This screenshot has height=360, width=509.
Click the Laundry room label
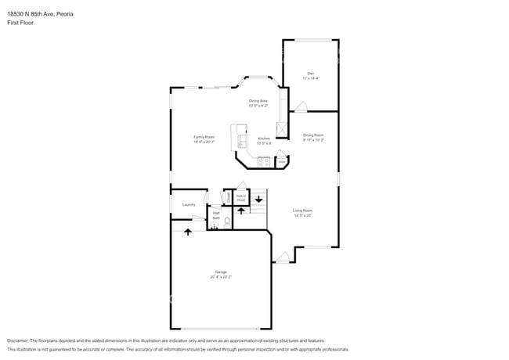(x=189, y=205)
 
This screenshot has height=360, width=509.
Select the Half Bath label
(x=215, y=214)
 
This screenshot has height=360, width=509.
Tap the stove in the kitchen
(x=264, y=162)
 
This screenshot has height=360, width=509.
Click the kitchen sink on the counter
(x=241, y=142)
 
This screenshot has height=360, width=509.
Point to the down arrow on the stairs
(x=258, y=199)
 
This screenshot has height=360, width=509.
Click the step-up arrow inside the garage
(x=188, y=231)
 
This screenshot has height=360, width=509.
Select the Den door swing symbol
(x=301, y=106)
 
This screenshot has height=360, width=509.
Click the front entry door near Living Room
(x=283, y=257)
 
